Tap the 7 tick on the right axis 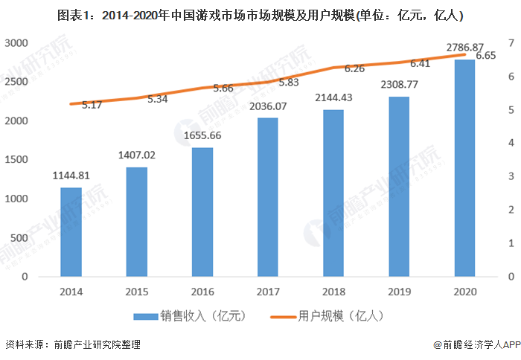coord(510,44)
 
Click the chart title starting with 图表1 coord(260,15)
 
